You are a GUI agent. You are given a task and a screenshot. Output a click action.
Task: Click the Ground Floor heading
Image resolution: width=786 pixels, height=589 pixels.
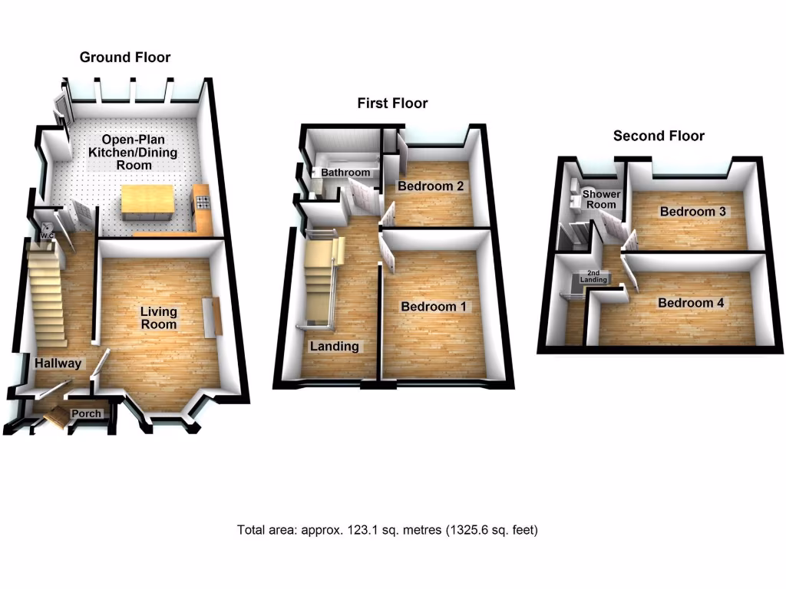coord(125,58)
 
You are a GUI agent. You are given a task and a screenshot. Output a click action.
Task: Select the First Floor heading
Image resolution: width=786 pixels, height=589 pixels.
coord(392,104)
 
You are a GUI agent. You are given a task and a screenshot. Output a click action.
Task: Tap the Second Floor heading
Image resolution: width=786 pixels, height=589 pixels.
coord(659,137)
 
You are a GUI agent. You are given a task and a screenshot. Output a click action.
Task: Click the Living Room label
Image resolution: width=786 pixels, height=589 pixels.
coord(158,318)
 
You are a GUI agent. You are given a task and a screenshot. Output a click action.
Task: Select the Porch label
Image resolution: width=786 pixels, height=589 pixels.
coord(86,414)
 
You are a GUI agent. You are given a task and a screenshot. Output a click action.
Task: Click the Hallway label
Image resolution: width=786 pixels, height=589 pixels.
coord(57,364)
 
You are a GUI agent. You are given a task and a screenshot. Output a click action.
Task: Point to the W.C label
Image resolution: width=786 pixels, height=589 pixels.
coord(47,235)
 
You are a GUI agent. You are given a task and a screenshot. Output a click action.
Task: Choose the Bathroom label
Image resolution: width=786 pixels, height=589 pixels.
coord(345,173)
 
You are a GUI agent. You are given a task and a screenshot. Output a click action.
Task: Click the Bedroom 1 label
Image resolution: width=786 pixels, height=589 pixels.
coord(434,307)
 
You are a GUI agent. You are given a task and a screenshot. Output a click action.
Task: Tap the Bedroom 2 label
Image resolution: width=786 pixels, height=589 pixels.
coord(431,186)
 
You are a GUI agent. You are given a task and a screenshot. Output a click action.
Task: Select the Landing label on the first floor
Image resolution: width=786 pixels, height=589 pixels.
coord(334,347)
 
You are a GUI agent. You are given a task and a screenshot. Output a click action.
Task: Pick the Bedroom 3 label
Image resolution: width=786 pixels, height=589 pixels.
coord(694,212)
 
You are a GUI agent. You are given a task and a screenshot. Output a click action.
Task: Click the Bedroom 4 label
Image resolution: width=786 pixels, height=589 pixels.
coord(691,303)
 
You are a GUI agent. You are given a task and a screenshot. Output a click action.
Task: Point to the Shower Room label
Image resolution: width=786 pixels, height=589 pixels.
coord(601,199)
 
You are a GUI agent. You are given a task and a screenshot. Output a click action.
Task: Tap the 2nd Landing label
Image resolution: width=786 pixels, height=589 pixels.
coord(597,277)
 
